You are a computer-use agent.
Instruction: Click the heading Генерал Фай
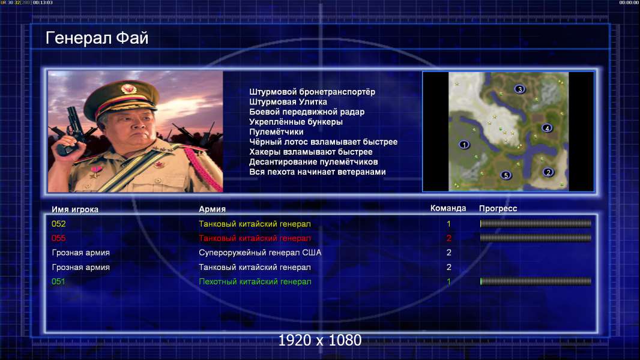pyautogui.click(x=97, y=38)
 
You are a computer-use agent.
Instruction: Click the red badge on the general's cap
pyautogui.click(x=127, y=88)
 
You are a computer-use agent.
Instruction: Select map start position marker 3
pyautogui.click(x=519, y=89)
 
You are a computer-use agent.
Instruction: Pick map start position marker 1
pyautogui.click(x=464, y=145)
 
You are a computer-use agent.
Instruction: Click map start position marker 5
pyautogui.click(x=506, y=175)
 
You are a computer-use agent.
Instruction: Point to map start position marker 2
pyautogui.click(x=548, y=172)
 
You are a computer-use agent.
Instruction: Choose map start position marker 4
pyautogui.click(x=547, y=128)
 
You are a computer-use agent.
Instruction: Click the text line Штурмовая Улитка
pyautogui.click(x=288, y=102)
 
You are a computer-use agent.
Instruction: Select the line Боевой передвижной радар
pyautogui.click(x=307, y=112)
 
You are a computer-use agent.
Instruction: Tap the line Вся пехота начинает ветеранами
pyautogui.click(x=318, y=172)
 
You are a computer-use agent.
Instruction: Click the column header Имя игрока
pyautogui.click(x=75, y=209)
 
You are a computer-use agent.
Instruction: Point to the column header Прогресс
pyautogui.click(x=498, y=209)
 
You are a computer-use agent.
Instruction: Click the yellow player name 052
pyautogui.click(x=58, y=224)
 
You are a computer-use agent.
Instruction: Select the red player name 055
pyautogui.click(x=58, y=238)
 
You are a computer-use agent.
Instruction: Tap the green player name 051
pyautogui.click(x=58, y=281)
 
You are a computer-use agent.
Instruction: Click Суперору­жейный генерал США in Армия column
pyautogui.click(x=260, y=253)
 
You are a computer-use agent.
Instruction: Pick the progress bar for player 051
pyautogui.click(x=536, y=281)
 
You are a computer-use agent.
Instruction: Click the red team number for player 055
pyautogui.click(x=449, y=238)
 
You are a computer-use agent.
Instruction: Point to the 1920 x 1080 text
pyautogui.click(x=320, y=340)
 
